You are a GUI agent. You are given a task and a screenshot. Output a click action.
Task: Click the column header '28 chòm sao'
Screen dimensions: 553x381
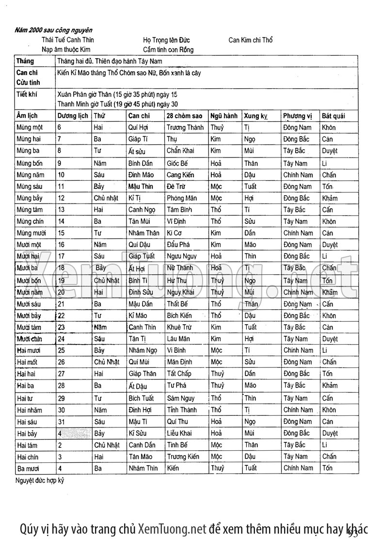[184, 116]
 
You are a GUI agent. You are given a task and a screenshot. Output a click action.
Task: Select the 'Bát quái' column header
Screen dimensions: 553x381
[333, 116]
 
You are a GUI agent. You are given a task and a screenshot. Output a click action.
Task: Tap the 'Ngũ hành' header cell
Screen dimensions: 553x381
[224, 116]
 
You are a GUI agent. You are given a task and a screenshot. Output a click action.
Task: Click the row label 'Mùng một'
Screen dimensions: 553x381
[30, 127]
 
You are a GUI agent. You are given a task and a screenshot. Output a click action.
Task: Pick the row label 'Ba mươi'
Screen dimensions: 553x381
[28, 469]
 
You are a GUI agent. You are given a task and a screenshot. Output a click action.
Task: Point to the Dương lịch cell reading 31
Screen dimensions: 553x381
[62, 422]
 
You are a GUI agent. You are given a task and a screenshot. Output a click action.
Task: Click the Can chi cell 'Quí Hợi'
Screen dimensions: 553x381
[138, 127]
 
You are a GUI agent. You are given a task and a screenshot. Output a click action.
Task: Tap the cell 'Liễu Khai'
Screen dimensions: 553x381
[179, 433]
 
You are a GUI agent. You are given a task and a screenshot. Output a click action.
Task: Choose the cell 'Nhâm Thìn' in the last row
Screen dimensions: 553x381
[143, 468]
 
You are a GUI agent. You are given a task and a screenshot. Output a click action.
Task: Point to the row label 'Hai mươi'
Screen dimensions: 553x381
[29, 350]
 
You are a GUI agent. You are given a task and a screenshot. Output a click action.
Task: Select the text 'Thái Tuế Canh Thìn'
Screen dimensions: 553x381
[68, 40]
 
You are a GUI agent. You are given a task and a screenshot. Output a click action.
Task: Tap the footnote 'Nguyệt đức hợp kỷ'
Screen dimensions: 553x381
[40, 481]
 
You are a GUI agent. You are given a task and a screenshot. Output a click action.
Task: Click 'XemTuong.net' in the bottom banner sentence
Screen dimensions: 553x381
[172, 528]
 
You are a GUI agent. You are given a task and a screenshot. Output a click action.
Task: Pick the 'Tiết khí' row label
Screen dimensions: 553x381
[27, 94]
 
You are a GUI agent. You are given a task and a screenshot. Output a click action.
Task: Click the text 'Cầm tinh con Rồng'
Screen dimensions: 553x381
[168, 49]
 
